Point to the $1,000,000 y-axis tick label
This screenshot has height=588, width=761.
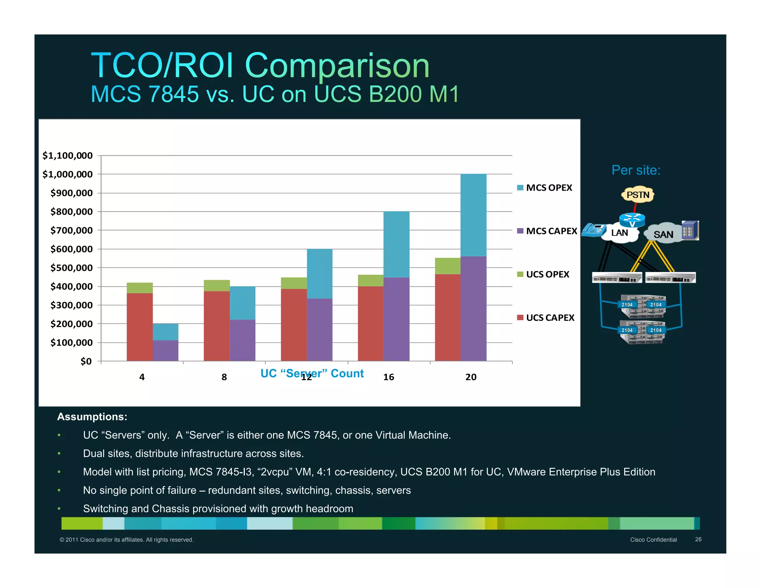[x=67, y=174]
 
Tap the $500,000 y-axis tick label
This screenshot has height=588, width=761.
[x=71, y=268]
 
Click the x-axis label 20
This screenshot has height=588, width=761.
[x=471, y=377]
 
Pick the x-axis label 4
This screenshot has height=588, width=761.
[x=142, y=377]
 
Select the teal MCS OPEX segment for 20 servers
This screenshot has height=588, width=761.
[x=473, y=215]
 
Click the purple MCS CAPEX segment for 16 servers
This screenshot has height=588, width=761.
[x=396, y=319]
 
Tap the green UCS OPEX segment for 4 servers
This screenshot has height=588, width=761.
[x=139, y=288]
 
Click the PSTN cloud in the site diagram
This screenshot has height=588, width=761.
[x=638, y=195]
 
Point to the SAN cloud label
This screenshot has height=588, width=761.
[x=663, y=235]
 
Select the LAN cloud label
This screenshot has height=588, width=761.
[x=619, y=233]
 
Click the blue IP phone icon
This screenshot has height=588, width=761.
[x=593, y=230]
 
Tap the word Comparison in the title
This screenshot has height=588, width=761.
[x=337, y=66]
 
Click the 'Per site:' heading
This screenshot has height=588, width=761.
[x=636, y=170]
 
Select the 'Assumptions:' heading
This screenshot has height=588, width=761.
[x=92, y=417]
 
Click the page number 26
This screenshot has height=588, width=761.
[x=698, y=539]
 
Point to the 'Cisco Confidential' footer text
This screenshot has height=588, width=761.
[x=653, y=540]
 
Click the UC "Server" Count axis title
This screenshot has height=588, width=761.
[x=312, y=373]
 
